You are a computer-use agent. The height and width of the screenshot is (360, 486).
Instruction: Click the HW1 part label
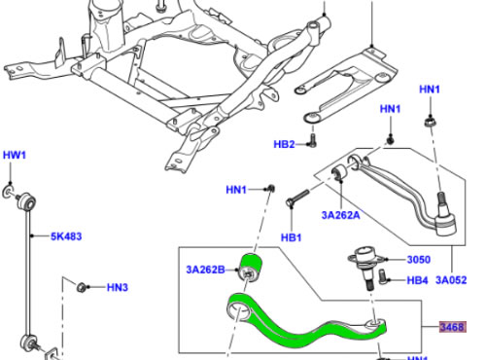[x=15, y=155]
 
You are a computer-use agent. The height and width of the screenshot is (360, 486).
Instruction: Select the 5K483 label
[x=66, y=236]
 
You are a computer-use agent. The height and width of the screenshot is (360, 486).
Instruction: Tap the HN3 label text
[x=118, y=287]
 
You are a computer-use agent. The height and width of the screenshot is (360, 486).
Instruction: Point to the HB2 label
[x=284, y=144]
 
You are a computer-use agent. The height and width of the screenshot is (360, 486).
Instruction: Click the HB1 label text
[x=291, y=237]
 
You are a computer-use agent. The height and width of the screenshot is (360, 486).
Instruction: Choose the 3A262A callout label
[x=340, y=215]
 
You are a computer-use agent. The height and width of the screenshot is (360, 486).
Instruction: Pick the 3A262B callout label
[x=205, y=270]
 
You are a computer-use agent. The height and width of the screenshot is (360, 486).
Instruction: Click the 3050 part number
[x=419, y=260]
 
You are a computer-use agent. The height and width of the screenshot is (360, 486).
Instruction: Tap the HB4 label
[x=417, y=280]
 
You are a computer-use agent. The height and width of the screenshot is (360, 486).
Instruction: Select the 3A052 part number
[x=451, y=280]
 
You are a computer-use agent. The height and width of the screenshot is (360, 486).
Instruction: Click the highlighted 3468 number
[x=453, y=327]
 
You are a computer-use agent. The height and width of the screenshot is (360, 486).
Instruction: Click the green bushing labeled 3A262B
[x=250, y=268]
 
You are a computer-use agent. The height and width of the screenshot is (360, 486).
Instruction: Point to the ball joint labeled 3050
[x=366, y=265]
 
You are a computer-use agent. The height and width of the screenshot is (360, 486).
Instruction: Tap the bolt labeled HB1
[x=297, y=198]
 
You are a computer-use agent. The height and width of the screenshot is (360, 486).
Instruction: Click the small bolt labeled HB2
[x=312, y=140]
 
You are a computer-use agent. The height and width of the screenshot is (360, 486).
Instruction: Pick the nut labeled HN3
[x=82, y=287]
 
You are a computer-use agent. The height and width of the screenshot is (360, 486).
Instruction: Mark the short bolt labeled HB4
[x=383, y=277]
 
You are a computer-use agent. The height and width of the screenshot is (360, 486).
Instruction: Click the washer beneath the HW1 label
[x=8, y=192]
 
